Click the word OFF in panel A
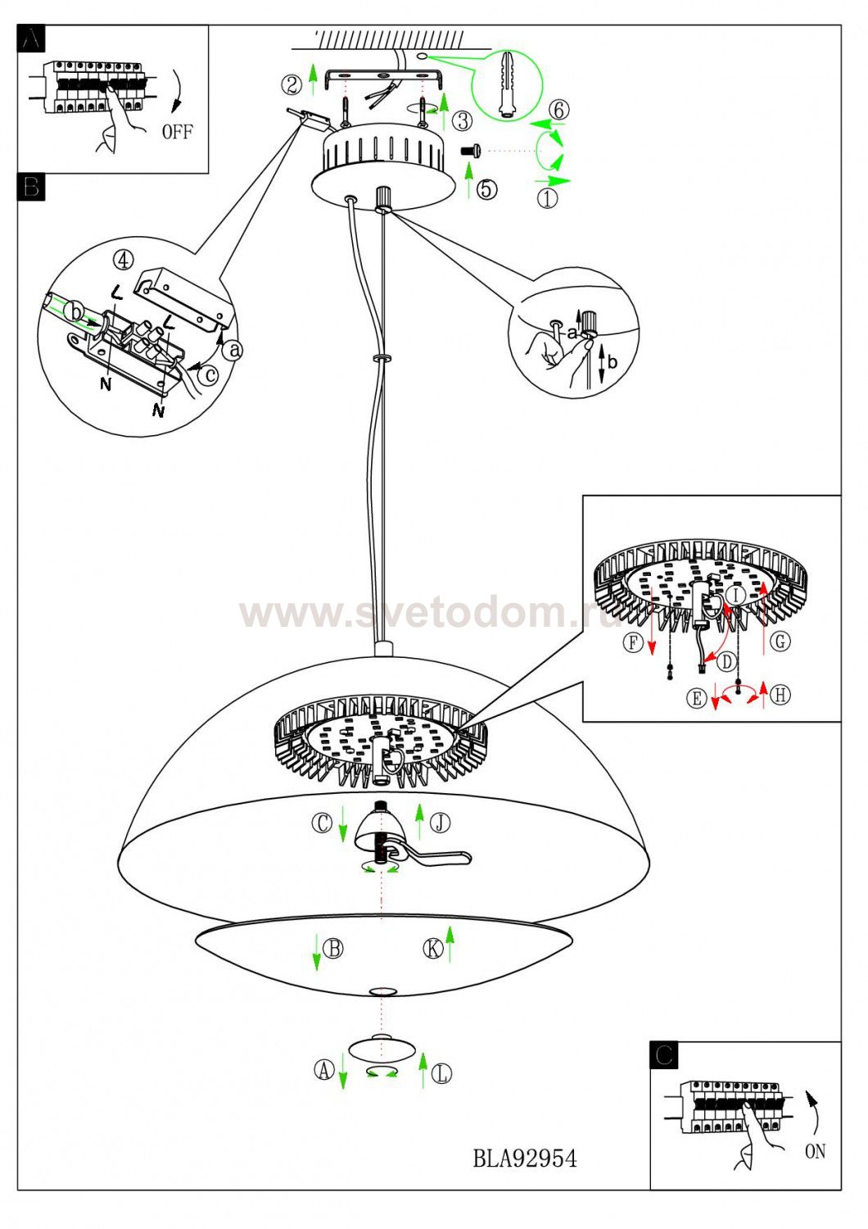177,131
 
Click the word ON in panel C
815,1151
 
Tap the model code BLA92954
525,1158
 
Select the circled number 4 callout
123,260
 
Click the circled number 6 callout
558,109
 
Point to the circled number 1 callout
548,197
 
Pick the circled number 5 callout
486,189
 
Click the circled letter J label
441,822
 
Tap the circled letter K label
433,949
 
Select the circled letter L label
441,1073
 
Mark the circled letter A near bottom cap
323,1069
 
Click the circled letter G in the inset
780,641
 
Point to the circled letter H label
780,695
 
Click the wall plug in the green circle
509,84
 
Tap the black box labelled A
31,39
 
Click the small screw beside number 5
471,151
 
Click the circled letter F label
633,642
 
